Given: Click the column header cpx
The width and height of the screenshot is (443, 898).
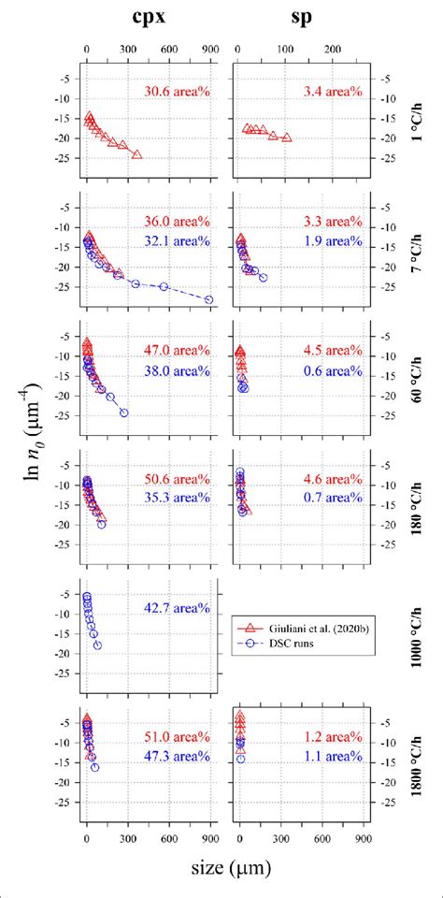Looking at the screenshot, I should pos(150,16).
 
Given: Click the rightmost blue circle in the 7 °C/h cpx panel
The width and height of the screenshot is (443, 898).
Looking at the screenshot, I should pos(208,299).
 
